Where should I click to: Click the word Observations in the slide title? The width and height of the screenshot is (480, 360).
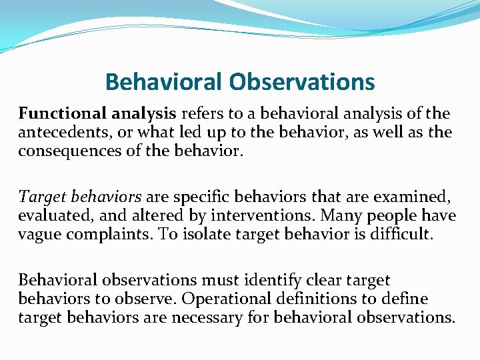pos(302,82)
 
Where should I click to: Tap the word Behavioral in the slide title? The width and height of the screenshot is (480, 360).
pos(165,82)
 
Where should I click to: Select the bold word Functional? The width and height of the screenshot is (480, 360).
pos(57,114)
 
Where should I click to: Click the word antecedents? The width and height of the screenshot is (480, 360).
pos(59,133)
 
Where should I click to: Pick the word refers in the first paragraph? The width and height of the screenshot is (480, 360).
pos(199,114)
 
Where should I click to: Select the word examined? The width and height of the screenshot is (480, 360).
pos(411,197)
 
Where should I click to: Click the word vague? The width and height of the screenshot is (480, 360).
pos(38,234)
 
